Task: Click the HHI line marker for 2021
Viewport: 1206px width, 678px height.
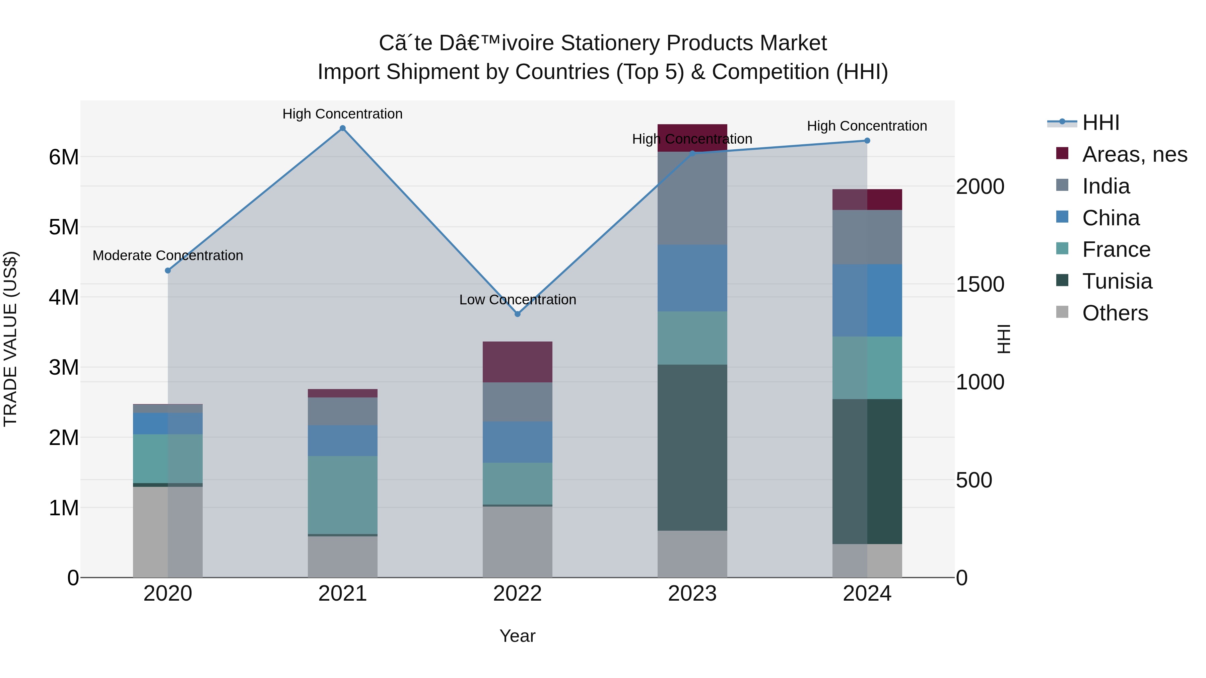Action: click(343, 128)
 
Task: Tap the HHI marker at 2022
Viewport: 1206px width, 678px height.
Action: click(517, 314)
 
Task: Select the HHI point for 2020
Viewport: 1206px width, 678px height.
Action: click(168, 271)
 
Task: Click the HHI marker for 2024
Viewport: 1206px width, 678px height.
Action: click(867, 140)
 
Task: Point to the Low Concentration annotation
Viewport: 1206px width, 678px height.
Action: click(517, 299)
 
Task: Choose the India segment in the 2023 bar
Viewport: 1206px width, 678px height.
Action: click(692, 198)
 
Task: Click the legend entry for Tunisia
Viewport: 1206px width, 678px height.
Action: click(1117, 281)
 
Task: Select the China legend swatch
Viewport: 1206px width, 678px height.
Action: click(1062, 217)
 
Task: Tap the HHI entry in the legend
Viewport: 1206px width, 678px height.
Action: click(1100, 123)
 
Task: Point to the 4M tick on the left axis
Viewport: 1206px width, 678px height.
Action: click(64, 297)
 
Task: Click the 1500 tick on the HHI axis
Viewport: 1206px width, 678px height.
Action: click(980, 284)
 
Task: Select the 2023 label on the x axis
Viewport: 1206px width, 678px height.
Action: click(692, 593)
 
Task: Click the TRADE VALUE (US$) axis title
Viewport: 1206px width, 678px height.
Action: click(10, 339)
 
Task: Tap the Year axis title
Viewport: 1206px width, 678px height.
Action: click(517, 636)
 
